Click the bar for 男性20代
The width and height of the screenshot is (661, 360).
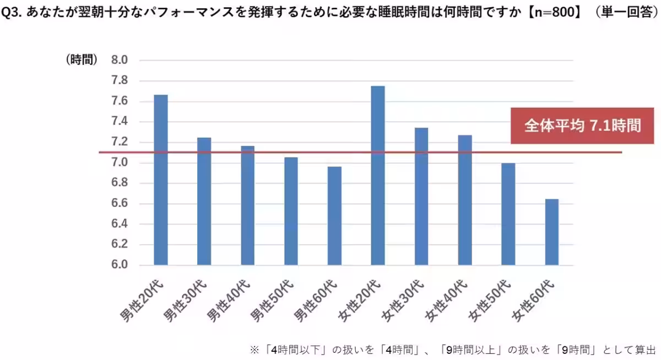click(161, 180)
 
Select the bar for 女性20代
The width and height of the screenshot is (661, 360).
click(378, 176)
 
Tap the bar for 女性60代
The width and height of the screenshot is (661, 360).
click(551, 232)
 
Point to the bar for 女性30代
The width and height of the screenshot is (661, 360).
click(421, 197)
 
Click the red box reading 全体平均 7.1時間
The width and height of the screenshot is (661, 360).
click(583, 126)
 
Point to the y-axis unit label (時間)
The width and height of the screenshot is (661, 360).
click(82, 60)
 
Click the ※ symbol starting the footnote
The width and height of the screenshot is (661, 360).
click(254, 349)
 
